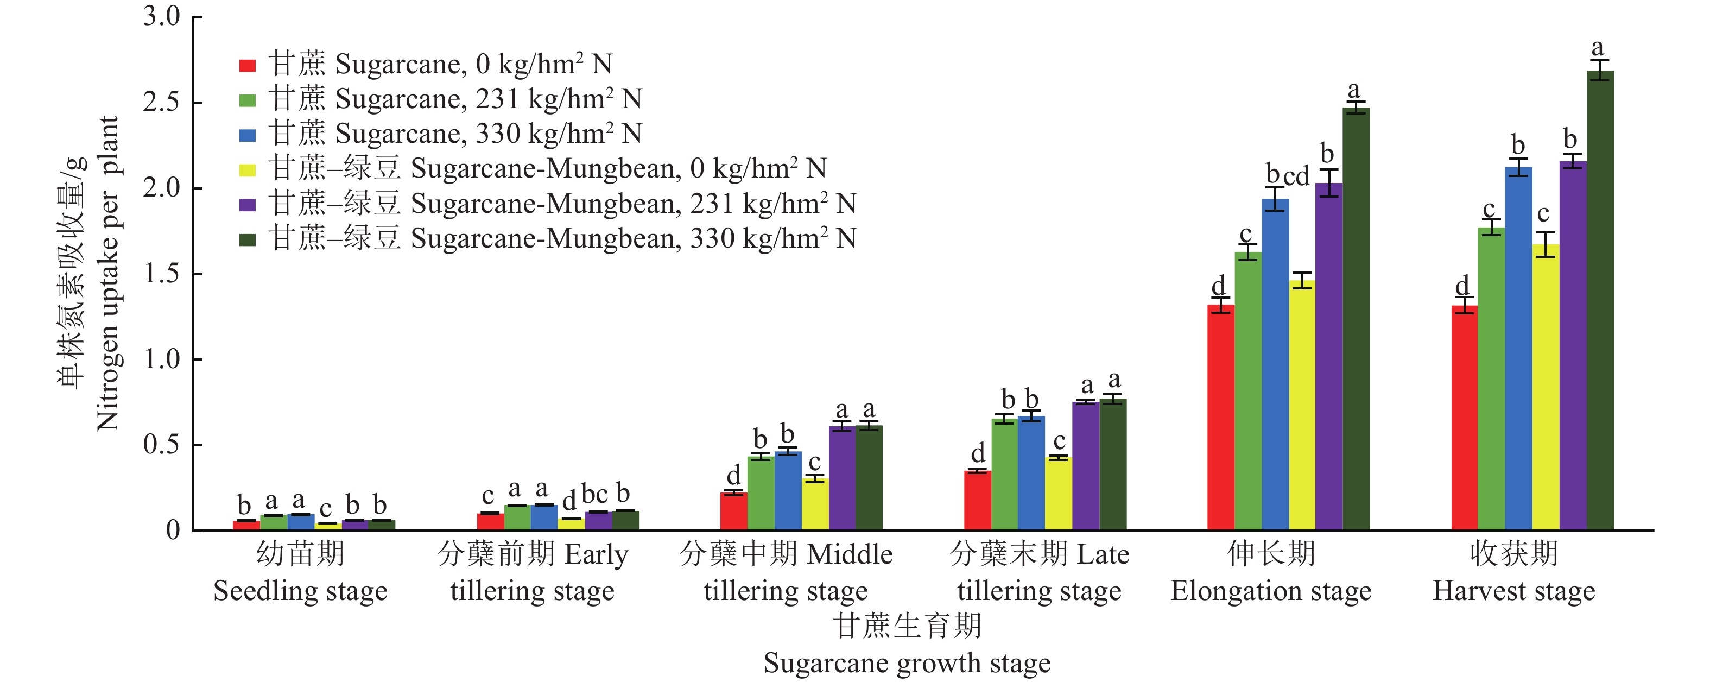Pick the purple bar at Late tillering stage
click(1085, 465)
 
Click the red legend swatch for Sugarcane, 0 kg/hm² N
click(248, 65)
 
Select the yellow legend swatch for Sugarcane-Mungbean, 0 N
click(248, 169)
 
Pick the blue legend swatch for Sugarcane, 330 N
click(248, 135)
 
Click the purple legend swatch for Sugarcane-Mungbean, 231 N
click(248, 205)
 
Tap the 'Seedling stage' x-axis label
click(300, 591)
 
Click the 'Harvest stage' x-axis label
click(1513, 591)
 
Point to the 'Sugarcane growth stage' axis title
click(907, 663)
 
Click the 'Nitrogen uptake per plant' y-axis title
click(107, 272)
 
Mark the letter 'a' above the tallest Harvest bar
click(1597, 48)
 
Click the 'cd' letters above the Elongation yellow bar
click(1296, 176)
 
